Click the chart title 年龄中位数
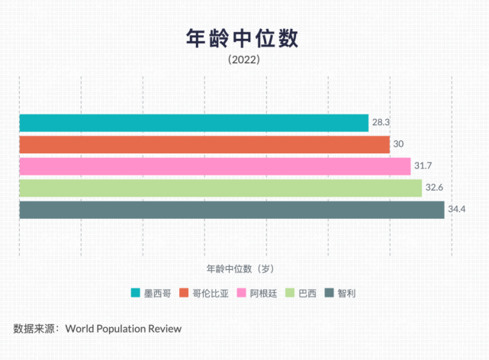tap(243, 38)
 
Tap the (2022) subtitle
tap(244, 60)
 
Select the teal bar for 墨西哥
tap(194, 123)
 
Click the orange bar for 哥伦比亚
tap(204, 144)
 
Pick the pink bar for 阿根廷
tap(214, 166)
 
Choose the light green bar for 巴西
tap(220, 188)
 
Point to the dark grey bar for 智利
tap(232, 210)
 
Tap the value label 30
tap(398, 144)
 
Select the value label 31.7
tap(423, 166)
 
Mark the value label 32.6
tap(434, 188)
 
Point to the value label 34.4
tap(457, 210)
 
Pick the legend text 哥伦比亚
tap(210, 293)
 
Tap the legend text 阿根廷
tap(263, 293)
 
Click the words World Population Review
tap(124, 329)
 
